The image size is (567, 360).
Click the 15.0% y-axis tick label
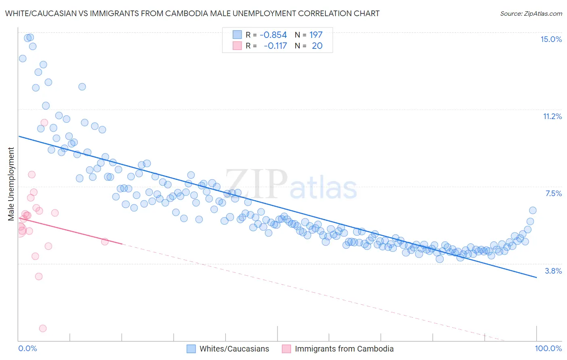[x=551, y=39]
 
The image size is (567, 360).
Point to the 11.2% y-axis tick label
[x=552, y=116]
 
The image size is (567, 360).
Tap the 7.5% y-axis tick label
[x=553, y=193]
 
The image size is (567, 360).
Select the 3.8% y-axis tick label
[x=553, y=271]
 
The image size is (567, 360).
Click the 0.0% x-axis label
[x=27, y=348]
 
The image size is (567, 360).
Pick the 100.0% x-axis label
[x=548, y=348]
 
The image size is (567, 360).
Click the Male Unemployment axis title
[x=11, y=184]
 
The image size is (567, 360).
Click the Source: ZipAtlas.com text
[x=531, y=13]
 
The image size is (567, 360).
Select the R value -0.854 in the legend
[x=273, y=35]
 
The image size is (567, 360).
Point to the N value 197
[x=316, y=35]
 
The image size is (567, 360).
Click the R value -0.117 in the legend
[x=275, y=46]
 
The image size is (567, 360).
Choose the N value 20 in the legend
[x=317, y=46]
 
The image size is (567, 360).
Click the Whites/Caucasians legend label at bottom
[x=234, y=349]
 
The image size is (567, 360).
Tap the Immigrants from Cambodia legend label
[x=344, y=349]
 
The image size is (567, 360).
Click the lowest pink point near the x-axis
[x=43, y=329]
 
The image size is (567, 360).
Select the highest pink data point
[x=44, y=123]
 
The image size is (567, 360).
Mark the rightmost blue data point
[x=533, y=210]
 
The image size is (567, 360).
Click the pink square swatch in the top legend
[x=237, y=46]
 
